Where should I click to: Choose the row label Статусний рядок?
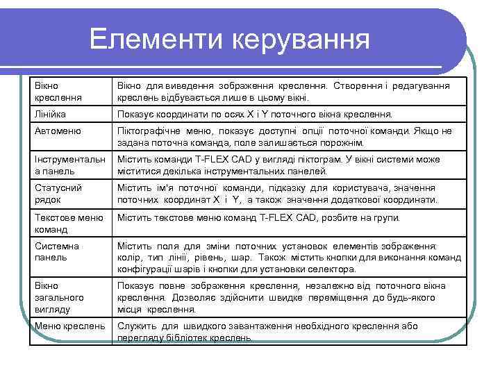coord(59,194)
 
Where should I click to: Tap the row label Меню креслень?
coord(69,325)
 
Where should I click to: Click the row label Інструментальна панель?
coord(69,165)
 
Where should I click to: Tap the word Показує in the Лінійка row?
coord(137,112)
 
